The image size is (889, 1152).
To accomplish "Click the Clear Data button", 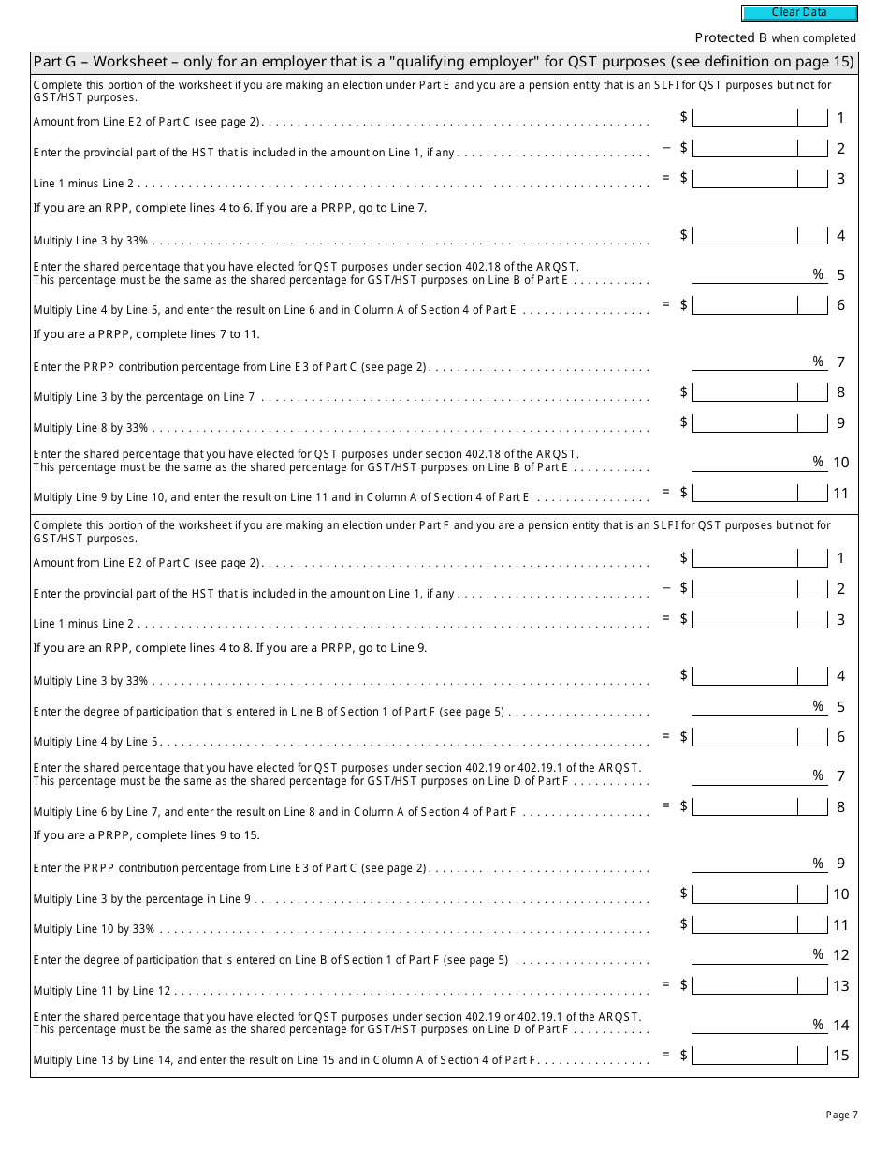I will [799, 13].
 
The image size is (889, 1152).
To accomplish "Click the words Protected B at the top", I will [730, 37].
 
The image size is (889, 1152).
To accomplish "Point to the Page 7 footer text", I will [841, 1115].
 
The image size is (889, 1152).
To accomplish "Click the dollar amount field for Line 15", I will [745, 1055].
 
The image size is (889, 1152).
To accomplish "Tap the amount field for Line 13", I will [745, 985].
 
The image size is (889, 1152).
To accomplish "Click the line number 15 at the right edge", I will [840, 1056].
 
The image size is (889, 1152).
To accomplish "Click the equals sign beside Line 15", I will [666, 1055].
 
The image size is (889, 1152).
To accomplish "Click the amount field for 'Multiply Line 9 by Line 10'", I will [745, 492].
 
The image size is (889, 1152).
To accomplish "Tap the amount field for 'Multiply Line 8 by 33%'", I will [745, 422].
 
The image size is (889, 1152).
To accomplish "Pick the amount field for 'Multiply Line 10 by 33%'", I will [745, 924].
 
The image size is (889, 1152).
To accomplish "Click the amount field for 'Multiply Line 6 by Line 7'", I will [745, 806].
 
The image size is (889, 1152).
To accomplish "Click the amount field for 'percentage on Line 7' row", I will [745, 392].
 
